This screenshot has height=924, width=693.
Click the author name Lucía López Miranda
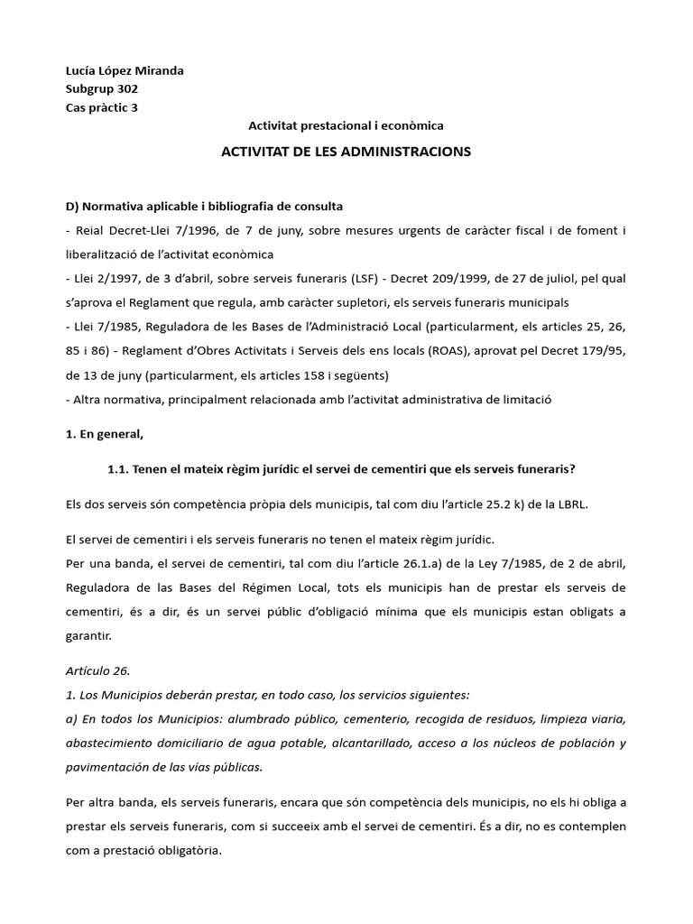pos(125,70)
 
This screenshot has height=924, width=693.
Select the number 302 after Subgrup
pos(125,88)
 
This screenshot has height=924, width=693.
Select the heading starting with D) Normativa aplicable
pos(204,207)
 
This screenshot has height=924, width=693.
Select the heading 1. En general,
pos(105,433)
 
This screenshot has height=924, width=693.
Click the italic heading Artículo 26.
pos(98,670)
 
